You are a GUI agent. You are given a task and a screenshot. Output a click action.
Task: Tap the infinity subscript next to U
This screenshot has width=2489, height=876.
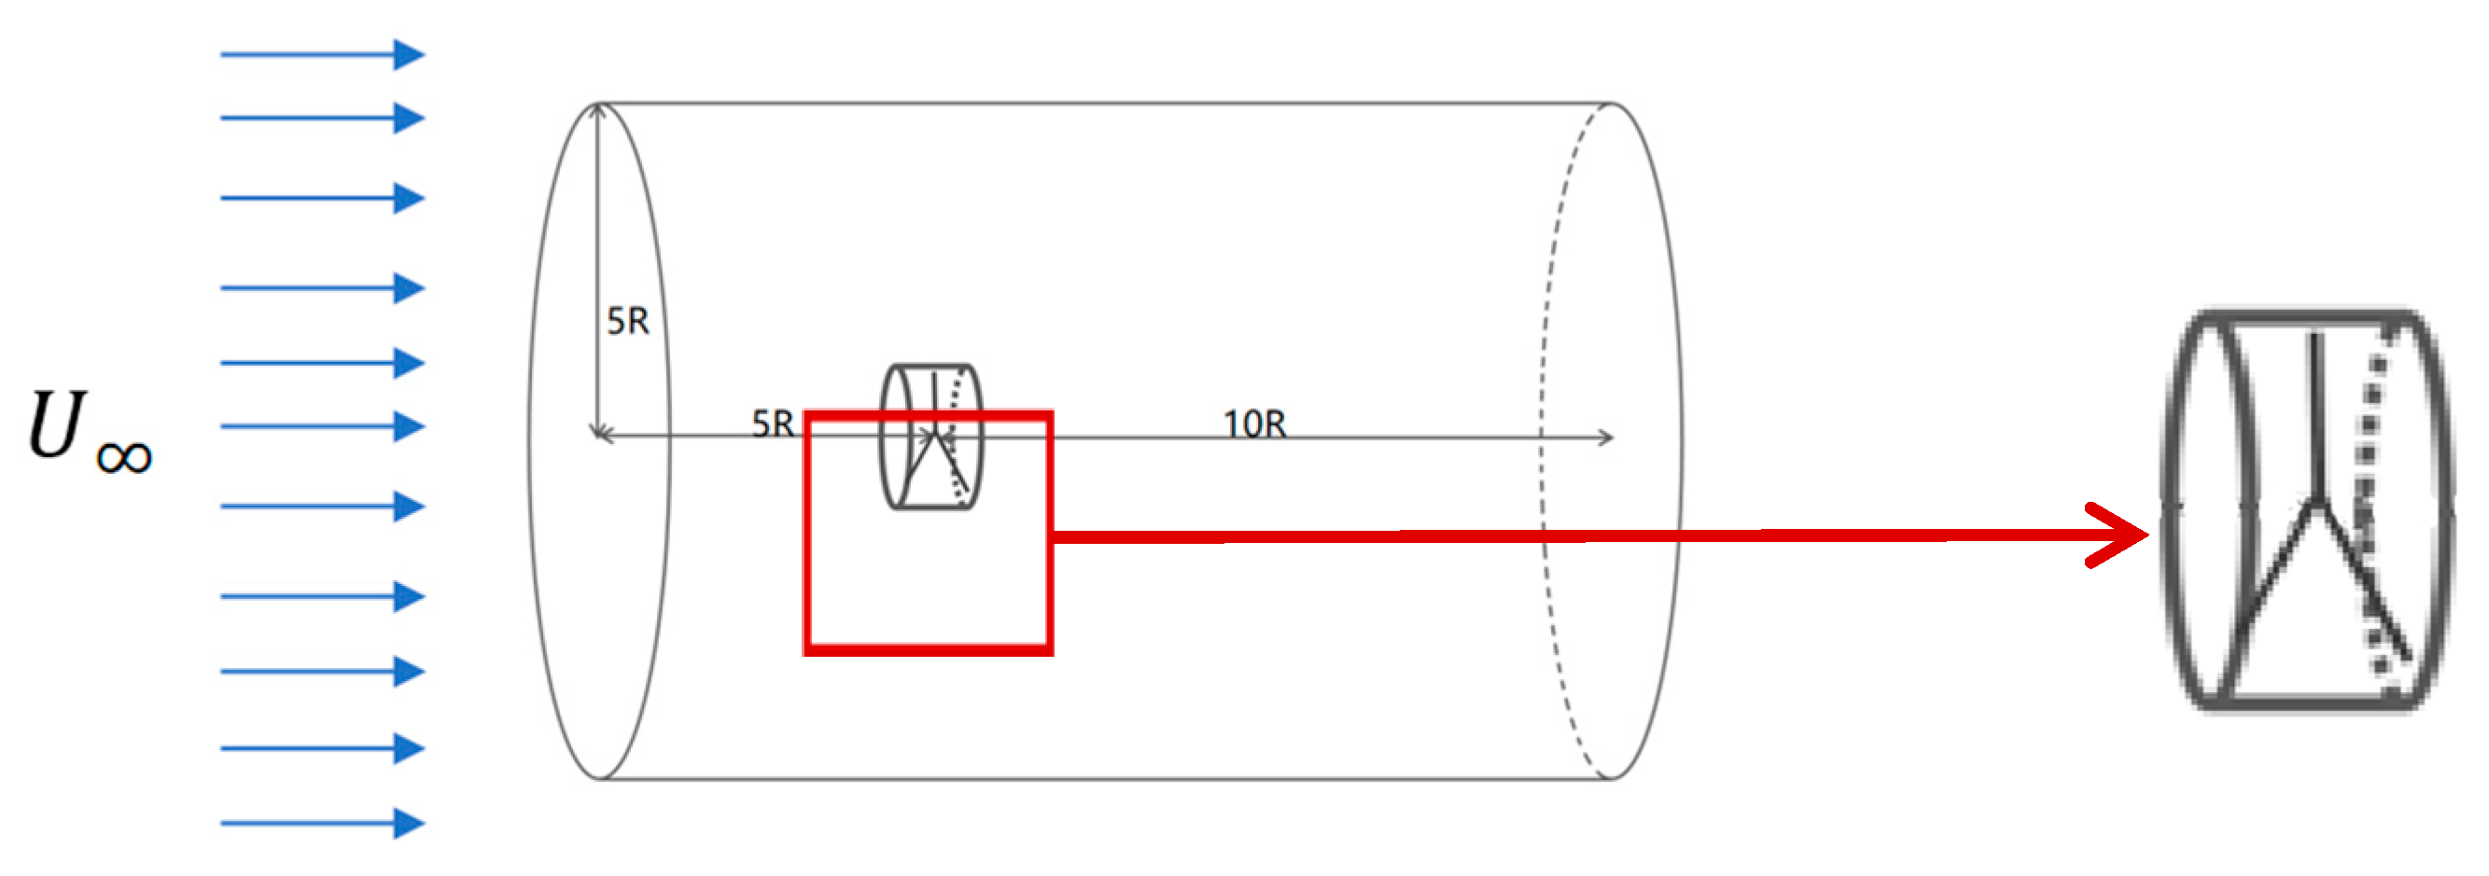tap(124, 457)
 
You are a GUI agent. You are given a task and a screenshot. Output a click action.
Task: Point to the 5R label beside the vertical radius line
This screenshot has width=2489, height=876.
tap(628, 322)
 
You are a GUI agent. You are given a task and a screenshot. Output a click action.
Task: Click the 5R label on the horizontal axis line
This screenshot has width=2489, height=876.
tap(773, 424)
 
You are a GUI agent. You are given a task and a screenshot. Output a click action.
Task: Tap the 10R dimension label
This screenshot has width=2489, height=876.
tap(1254, 424)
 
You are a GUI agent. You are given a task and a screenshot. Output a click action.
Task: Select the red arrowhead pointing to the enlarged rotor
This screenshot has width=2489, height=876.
tap(2121, 535)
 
